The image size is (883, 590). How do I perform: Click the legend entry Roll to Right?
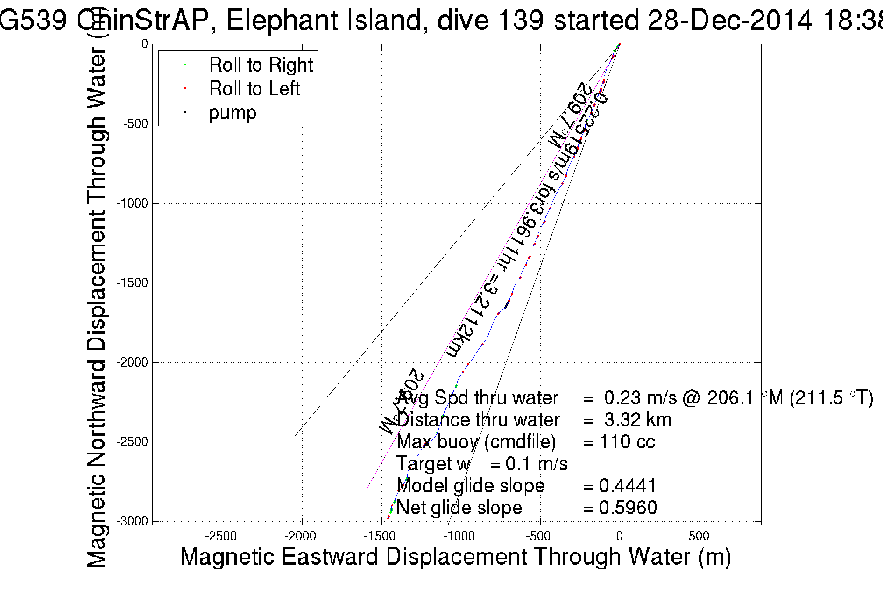(x=261, y=65)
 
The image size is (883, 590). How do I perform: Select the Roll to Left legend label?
(x=254, y=89)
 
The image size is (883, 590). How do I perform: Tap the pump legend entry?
(x=233, y=113)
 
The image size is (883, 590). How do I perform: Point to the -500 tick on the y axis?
(x=135, y=124)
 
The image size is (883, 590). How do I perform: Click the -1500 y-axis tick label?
(x=132, y=283)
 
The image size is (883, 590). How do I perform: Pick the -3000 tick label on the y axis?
(x=132, y=521)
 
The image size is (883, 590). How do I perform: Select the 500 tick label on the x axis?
(x=699, y=536)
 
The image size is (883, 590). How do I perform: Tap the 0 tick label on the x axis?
(x=619, y=536)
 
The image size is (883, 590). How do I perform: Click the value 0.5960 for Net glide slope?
(x=628, y=508)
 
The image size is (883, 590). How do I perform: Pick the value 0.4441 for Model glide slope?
(x=628, y=486)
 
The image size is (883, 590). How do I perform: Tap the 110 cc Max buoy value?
(x=627, y=442)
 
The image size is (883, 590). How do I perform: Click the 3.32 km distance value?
(x=637, y=420)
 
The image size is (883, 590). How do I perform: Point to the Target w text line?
(x=481, y=464)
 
